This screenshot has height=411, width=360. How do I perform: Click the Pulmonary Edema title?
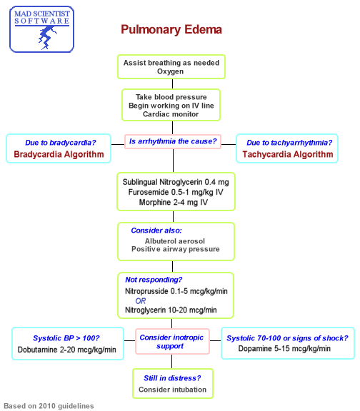click(x=171, y=30)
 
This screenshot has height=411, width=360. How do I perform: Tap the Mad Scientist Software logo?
click(x=41, y=28)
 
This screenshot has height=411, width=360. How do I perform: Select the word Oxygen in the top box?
click(x=171, y=72)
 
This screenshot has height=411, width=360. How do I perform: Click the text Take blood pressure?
click(x=171, y=96)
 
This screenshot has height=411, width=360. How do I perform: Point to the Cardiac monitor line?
click(x=171, y=114)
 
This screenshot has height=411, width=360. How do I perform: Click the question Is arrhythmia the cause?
click(x=172, y=141)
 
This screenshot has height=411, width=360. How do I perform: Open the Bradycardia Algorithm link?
click(x=59, y=154)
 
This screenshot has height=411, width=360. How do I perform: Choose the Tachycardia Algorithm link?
click(x=287, y=154)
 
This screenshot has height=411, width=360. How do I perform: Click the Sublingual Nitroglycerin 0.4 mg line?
click(x=176, y=181)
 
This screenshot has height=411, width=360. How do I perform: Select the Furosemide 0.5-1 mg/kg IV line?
click(x=176, y=192)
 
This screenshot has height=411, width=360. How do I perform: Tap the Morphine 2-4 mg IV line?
click(x=176, y=203)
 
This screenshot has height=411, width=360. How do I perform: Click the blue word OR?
click(x=140, y=300)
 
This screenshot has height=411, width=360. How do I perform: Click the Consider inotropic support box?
click(x=171, y=341)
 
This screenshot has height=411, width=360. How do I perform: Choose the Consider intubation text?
click(x=172, y=390)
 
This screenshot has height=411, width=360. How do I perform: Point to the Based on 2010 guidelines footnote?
click(x=49, y=405)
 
